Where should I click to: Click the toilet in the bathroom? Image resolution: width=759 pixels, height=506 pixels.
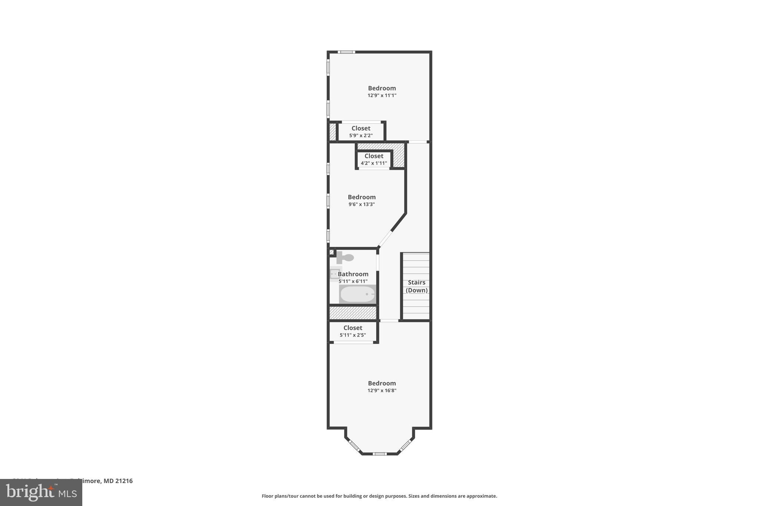(345, 257)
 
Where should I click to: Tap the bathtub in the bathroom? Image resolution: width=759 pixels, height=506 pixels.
(358, 294)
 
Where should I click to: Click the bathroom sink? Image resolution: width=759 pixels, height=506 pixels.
(335, 274)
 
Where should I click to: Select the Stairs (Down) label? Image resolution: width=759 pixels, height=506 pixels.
(417, 286)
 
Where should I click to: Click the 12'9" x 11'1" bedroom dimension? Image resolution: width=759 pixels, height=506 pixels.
(382, 95)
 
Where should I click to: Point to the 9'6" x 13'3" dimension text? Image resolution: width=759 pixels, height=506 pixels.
(361, 204)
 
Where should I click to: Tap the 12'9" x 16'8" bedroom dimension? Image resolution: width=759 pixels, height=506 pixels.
(382, 390)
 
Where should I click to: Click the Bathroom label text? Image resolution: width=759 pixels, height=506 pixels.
(353, 274)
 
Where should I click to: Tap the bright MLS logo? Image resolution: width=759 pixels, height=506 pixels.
(41, 493)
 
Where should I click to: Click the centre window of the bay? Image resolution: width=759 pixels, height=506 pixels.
(379, 454)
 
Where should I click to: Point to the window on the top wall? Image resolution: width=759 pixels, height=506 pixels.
(347, 52)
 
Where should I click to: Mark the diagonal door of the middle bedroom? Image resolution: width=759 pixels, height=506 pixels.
(385, 239)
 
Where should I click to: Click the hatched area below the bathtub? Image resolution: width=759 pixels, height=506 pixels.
(353, 313)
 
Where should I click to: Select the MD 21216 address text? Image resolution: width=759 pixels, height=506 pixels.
(118, 481)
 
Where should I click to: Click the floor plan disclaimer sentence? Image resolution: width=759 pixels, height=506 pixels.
(379, 496)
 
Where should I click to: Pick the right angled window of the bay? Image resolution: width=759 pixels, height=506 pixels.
(405, 446)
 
